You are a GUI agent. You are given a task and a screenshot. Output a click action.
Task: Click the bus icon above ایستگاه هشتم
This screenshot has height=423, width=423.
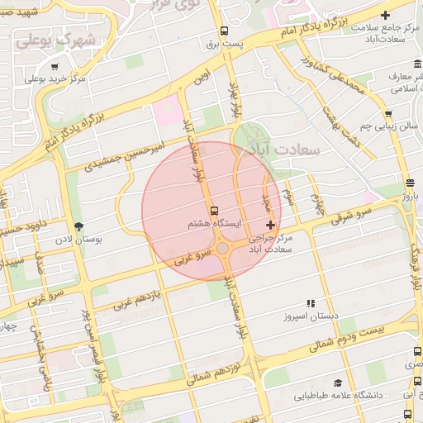pyautogui.click(x=215, y=211)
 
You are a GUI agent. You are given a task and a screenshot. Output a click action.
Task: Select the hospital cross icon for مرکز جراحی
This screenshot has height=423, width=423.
pyautogui.click(x=270, y=225)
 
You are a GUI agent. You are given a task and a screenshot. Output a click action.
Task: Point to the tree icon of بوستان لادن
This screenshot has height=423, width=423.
pyautogui.click(x=79, y=226)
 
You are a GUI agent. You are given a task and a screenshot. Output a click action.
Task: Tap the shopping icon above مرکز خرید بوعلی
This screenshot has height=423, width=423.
pyautogui.click(x=55, y=67)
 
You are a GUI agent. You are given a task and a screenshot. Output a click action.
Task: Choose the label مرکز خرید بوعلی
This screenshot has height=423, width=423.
pyautogui.click(x=55, y=79)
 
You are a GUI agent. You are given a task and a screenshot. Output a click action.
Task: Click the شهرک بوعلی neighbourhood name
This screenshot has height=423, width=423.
pyautogui.click(x=57, y=39)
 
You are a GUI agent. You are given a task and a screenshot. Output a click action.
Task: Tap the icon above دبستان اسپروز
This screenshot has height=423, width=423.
pyautogui.click(x=311, y=304)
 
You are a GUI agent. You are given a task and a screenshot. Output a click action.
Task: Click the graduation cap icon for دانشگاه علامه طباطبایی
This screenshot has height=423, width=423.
pyautogui.click(x=337, y=383)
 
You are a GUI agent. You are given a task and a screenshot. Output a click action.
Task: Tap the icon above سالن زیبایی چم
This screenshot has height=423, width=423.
pyautogui.click(x=387, y=114)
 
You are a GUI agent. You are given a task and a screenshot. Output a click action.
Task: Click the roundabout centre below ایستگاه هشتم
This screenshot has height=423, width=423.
pyautogui.click(x=222, y=249)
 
